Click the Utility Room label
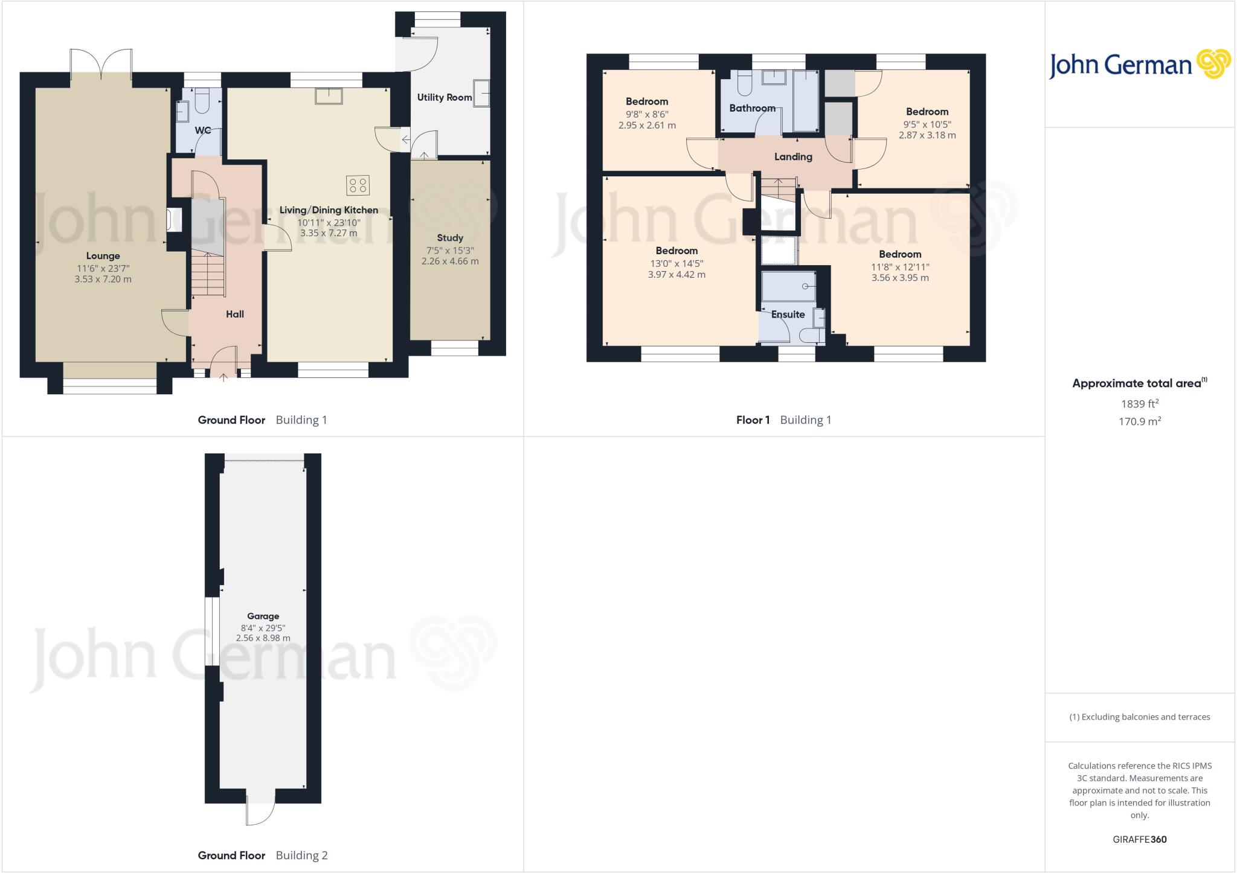[x=444, y=97]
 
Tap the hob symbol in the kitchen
[x=358, y=185]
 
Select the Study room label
[x=450, y=238]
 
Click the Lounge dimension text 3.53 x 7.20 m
[x=103, y=279]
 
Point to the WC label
[x=203, y=130]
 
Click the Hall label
[x=235, y=314]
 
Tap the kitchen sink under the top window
[x=329, y=96]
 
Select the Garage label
[x=263, y=616]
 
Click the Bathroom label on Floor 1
[x=752, y=108]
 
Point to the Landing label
[x=793, y=157]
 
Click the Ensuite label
[x=788, y=315]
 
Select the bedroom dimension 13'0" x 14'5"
[x=676, y=263]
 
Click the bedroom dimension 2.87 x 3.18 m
[x=927, y=135]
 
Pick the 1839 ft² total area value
[x=1140, y=404]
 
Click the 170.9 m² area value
[x=1140, y=421]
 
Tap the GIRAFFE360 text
[x=1139, y=839]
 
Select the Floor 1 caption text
[x=753, y=420]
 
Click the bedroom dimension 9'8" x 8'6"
[x=647, y=114]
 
